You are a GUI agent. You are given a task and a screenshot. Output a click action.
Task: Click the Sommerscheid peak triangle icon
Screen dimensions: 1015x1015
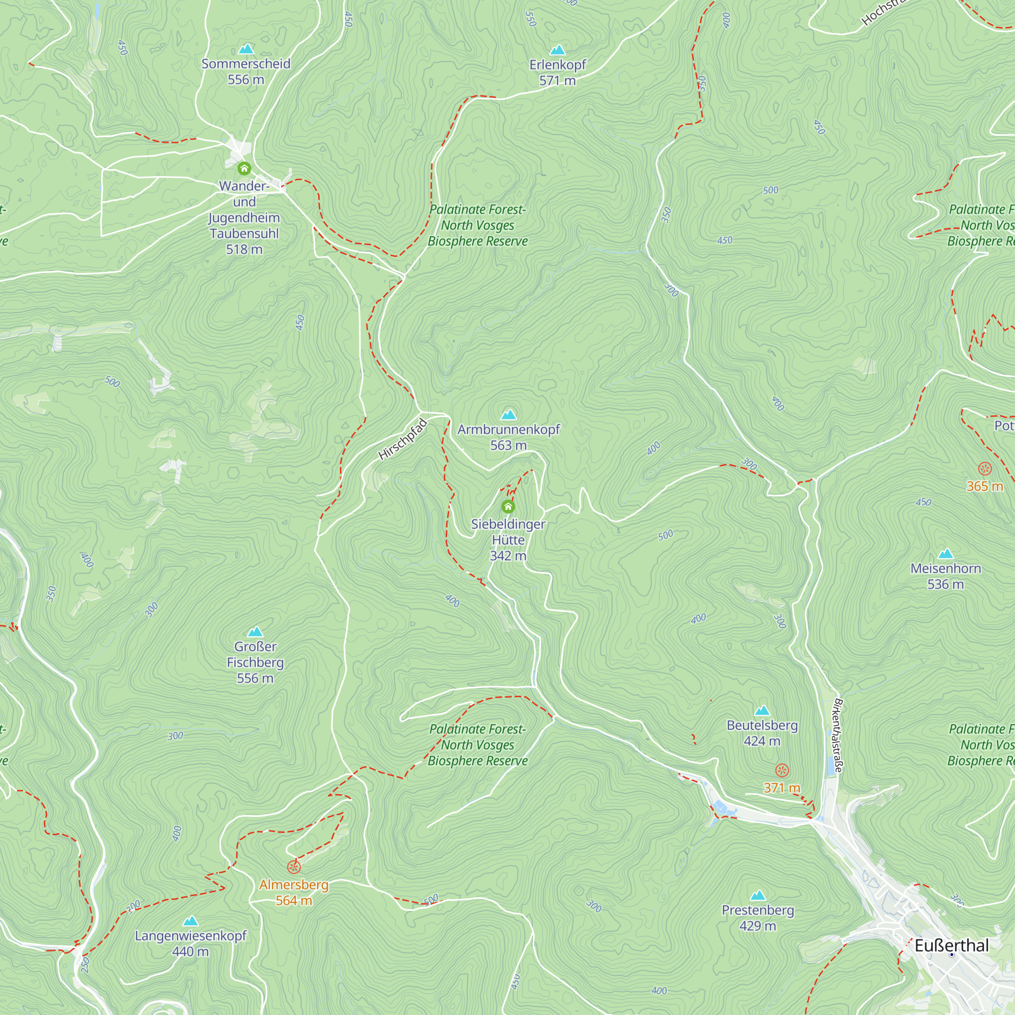click(x=246, y=49)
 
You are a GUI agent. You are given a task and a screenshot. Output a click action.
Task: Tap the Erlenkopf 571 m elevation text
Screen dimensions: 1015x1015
click(x=557, y=80)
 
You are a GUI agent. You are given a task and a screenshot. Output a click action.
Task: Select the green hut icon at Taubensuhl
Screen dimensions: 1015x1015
click(x=244, y=168)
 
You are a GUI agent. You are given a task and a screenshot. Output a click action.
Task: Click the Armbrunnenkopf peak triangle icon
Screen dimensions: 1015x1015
click(x=508, y=415)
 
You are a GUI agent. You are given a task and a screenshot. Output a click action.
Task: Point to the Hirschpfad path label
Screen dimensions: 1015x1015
click(x=403, y=439)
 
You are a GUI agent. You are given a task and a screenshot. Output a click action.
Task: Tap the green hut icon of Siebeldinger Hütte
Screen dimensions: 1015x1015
click(x=508, y=507)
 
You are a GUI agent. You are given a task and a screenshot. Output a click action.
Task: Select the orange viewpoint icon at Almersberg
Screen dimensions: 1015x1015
click(x=294, y=867)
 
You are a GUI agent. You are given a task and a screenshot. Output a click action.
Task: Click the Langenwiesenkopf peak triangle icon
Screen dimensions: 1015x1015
click(x=191, y=921)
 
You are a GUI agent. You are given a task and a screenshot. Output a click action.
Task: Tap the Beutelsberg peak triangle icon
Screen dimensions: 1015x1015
click(x=762, y=711)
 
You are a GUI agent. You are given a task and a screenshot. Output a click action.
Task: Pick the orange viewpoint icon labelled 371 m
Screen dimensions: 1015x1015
click(x=782, y=771)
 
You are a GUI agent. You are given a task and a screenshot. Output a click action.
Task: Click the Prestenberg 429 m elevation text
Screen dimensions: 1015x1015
click(x=757, y=926)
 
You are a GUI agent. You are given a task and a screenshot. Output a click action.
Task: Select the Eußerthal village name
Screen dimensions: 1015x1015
click(x=952, y=945)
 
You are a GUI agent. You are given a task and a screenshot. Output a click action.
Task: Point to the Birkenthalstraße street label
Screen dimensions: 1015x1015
click(x=838, y=735)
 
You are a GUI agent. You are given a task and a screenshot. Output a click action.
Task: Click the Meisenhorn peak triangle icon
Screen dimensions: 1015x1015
click(x=945, y=554)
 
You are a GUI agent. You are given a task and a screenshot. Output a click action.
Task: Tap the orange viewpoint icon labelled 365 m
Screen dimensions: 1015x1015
click(x=985, y=468)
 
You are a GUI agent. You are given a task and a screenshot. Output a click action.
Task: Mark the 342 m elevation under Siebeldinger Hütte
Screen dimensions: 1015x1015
click(x=508, y=556)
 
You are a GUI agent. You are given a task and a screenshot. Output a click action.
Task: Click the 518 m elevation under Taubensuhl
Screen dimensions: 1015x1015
click(x=244, y=250)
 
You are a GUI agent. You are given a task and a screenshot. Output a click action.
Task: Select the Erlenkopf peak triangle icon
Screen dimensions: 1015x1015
click(x=557, y=50)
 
